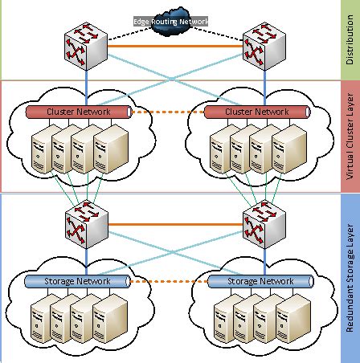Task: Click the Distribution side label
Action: (x=347, y=39)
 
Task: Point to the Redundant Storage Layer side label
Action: (x=347, y=276)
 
